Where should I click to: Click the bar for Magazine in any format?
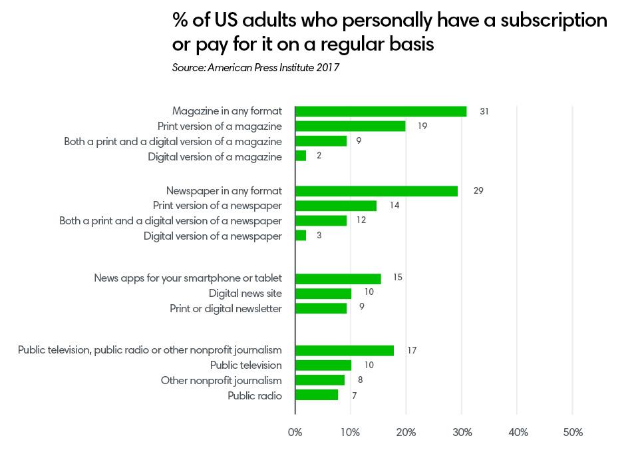tap(381, 111)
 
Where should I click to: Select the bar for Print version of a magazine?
tap(350, 126)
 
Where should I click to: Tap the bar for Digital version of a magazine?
tap(301, 156)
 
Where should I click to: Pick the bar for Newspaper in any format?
tap(377, 191)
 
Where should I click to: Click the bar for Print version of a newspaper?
tap(336, 206)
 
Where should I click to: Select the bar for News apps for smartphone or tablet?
tap(338, 278)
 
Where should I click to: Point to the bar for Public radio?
tap(317, 395)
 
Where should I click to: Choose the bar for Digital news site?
tap(323, 294)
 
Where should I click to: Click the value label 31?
tap(484, 111)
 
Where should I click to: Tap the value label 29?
tap(478, 191)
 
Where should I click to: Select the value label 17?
tap(412, 350)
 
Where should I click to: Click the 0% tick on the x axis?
tap(295, 433)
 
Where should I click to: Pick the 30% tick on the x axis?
tap(462, 433)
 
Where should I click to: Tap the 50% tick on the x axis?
tap(573, 433)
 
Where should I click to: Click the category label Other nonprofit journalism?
tap(221, 381)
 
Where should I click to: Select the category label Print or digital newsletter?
tap(226, 308)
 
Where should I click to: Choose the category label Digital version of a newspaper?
tap(212, 236)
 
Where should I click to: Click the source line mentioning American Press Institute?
tap(256, 68)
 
